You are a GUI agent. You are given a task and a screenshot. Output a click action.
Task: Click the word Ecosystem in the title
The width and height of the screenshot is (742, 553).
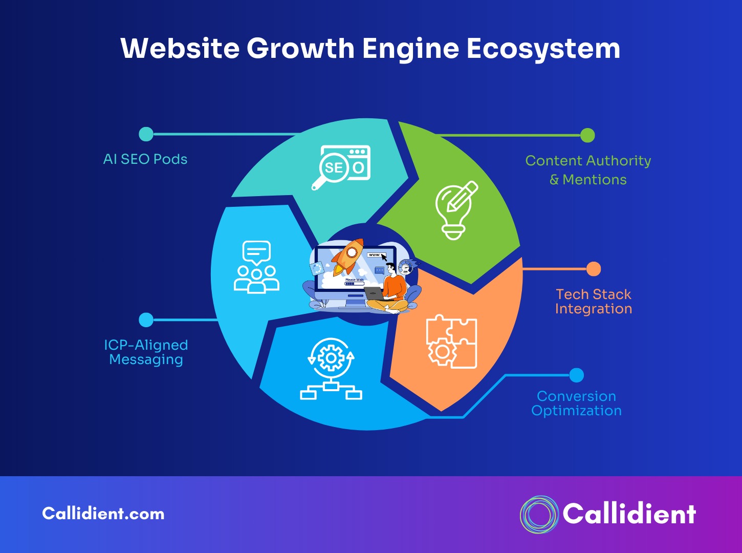543,49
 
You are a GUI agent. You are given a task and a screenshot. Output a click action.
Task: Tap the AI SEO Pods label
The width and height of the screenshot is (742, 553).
145,159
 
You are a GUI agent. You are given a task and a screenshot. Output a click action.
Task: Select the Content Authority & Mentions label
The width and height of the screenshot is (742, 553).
588,170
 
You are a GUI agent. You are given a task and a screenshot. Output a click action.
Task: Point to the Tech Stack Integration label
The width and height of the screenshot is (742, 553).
594,302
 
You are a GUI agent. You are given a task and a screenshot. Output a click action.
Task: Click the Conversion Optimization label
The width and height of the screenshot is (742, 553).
576,403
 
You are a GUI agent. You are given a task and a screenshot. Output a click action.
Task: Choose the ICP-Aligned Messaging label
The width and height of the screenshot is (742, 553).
146,352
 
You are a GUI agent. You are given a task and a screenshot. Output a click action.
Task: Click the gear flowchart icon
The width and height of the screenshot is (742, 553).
331,369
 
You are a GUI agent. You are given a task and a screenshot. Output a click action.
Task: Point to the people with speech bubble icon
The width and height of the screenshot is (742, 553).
256,267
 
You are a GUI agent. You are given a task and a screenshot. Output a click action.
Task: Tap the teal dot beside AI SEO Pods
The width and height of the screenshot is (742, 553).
146,134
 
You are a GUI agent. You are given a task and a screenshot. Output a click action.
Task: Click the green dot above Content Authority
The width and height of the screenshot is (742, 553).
587,135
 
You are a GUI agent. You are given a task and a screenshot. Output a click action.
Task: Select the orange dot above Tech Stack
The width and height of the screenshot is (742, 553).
594,269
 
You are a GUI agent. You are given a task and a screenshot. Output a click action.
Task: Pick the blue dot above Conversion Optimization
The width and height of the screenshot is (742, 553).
576,375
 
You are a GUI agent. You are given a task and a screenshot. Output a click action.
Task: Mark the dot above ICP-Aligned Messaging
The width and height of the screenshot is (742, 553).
146,320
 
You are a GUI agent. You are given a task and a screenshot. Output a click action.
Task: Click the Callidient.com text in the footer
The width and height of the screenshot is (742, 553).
103,514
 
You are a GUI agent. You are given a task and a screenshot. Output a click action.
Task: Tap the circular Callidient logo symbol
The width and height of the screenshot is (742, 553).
539,515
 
